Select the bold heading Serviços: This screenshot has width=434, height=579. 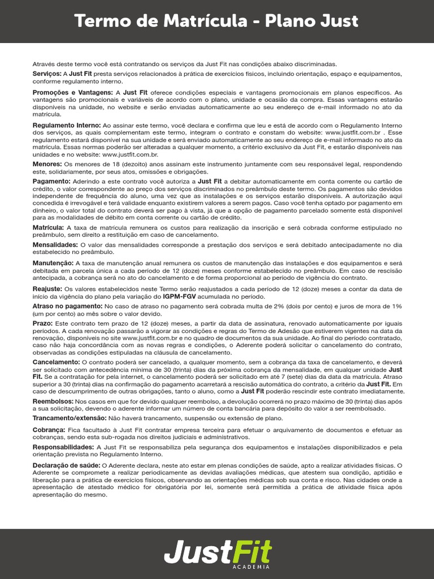click(47, 74)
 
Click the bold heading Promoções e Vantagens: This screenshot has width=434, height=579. click(73, 92)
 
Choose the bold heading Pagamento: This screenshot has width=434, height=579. click(51, 181)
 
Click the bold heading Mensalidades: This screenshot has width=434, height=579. click(55, 244)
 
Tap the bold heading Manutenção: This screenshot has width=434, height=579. click(53, 263)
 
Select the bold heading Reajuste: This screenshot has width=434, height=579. click(48, 288)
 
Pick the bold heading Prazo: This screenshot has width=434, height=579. click(42, 323)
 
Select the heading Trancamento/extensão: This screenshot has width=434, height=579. click(70, 418)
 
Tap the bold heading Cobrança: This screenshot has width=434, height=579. click(50, 430)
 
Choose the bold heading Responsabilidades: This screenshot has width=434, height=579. click(63, 447)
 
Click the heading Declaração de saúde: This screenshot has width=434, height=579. click(66, 465)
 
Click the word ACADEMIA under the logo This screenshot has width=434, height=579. click(251, 566)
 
